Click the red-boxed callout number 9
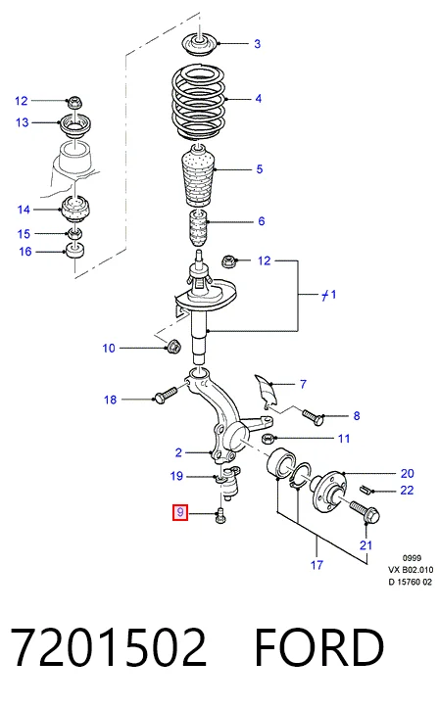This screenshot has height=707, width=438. coord(180,513)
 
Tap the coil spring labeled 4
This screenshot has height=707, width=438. coord(199,104)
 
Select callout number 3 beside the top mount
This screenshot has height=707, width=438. coord(257,44)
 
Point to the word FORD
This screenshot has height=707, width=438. coord(319,647)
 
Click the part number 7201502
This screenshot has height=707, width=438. coord(108,647)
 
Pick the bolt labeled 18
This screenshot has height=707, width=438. coord(166,394)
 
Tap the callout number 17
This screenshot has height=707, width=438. coord(317,564)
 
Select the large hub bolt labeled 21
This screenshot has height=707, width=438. coord(365,513)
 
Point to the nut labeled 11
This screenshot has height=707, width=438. coord(268,438)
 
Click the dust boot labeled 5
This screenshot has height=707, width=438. coord(197,177)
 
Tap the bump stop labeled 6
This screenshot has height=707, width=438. coord(197,229)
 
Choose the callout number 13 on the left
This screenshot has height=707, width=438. coord(23,122)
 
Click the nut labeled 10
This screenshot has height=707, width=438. coord(172,347)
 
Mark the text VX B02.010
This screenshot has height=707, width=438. coord(411,570)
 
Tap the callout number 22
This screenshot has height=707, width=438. coord(407,491)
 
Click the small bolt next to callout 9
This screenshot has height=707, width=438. coord(221,515)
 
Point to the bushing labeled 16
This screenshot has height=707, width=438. coord(75,251)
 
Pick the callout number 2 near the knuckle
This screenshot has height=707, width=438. coord(178,452)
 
